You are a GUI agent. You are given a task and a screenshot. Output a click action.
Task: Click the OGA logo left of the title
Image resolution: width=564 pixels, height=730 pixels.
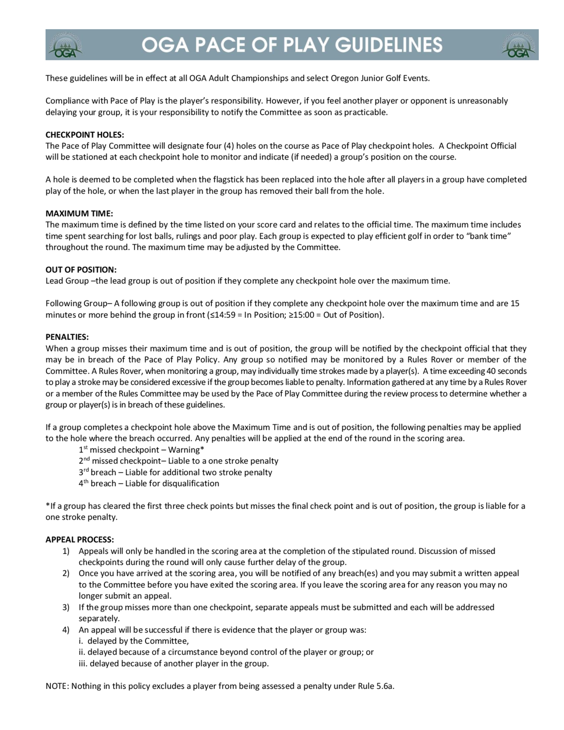65,45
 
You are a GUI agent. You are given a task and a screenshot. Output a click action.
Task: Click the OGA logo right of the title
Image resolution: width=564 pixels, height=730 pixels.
518,45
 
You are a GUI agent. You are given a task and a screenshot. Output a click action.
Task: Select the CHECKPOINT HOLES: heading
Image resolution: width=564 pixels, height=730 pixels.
85,135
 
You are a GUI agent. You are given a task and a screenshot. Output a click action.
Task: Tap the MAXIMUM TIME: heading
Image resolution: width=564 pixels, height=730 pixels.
79,213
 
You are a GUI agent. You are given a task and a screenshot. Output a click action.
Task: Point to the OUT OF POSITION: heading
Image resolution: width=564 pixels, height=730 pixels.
81,269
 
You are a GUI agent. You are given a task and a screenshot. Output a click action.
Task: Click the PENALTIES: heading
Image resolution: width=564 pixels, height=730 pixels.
67,337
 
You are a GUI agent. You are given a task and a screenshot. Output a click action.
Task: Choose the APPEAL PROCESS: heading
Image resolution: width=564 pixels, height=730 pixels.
80,540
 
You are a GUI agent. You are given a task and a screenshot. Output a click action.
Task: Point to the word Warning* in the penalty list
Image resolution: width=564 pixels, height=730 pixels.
186,450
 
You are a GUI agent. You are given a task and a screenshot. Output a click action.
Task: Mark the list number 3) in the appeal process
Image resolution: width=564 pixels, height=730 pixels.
66,607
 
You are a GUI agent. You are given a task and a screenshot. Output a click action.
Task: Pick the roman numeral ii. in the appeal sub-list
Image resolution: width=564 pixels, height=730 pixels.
82,652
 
